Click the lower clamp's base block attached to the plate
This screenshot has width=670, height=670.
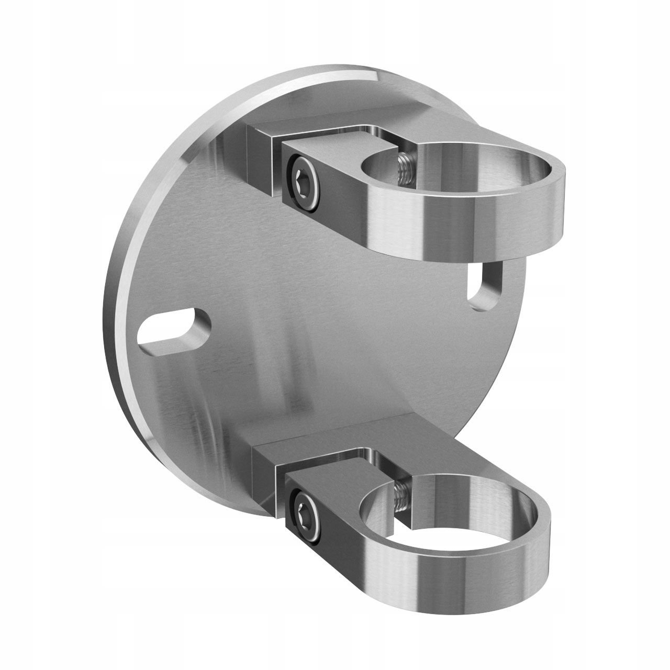267,471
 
